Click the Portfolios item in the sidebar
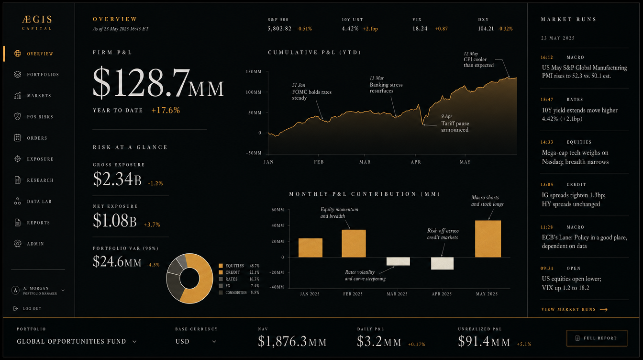36,74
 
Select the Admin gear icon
18,244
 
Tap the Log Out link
28,309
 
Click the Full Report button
597,338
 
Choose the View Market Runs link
575,309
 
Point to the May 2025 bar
488,239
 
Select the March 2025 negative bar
398,261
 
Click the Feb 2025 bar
354,243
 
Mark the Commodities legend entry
239,292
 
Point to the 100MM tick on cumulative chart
254,92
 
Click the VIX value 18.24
420,28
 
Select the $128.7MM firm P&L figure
158,83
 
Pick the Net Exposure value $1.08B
114,221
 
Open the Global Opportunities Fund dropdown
77,341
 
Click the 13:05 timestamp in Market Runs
547,184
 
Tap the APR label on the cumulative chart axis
416,162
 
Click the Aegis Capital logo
37,22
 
